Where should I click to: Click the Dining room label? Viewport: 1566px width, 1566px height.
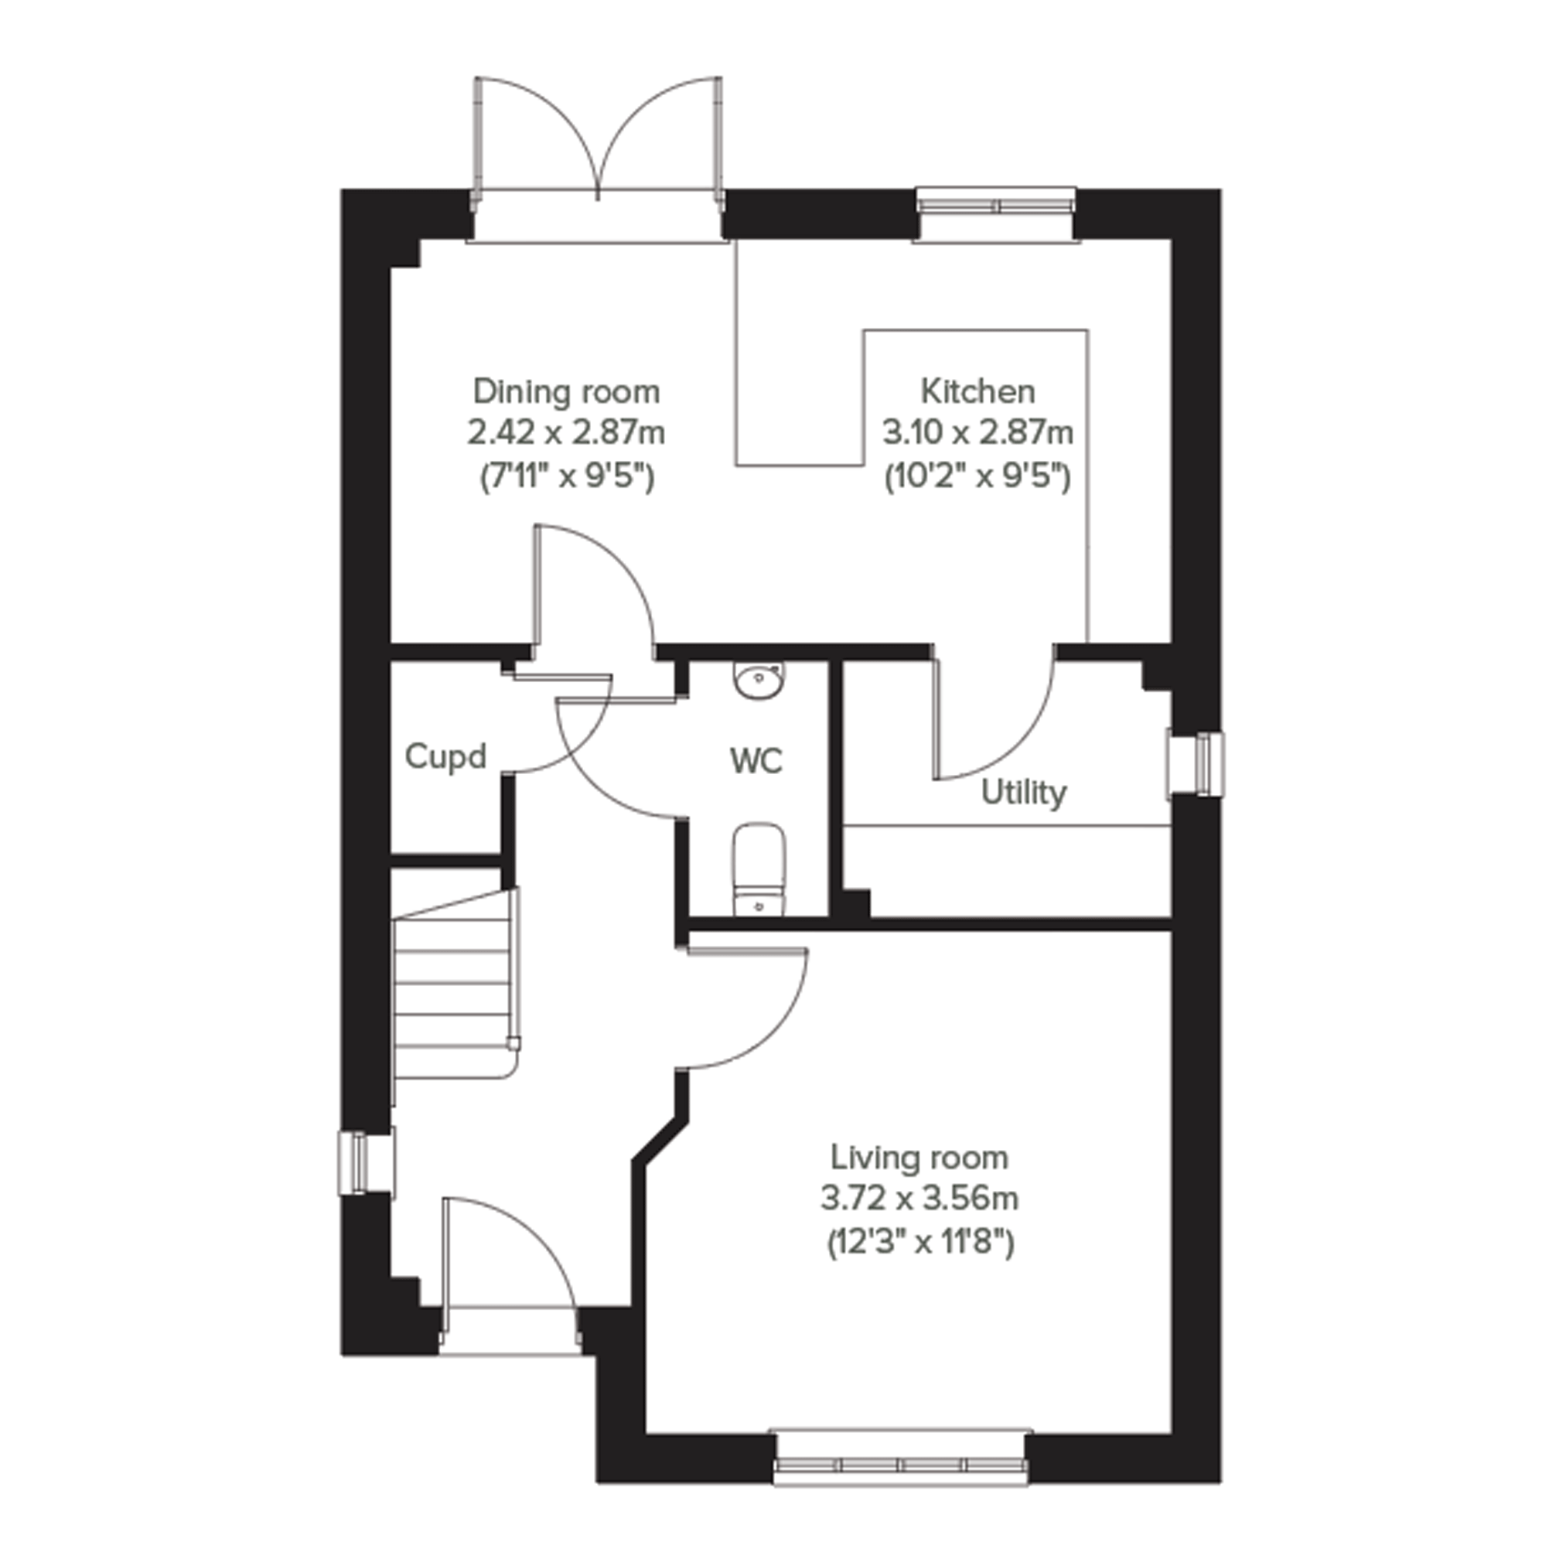[566, 391]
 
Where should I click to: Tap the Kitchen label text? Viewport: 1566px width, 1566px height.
[977, 391]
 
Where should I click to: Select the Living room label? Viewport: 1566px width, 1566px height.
[920, 1158]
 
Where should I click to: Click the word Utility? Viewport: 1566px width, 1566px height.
[1024, 793]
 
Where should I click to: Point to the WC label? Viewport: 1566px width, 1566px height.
[756, 761]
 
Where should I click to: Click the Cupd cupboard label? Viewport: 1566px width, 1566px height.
[445, 757]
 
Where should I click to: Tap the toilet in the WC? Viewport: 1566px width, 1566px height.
[759, 870]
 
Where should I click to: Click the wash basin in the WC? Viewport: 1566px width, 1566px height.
[759, 679]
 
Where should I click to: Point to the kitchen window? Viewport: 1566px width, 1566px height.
[996, 203]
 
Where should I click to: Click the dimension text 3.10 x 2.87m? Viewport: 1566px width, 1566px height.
[977, 433]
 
